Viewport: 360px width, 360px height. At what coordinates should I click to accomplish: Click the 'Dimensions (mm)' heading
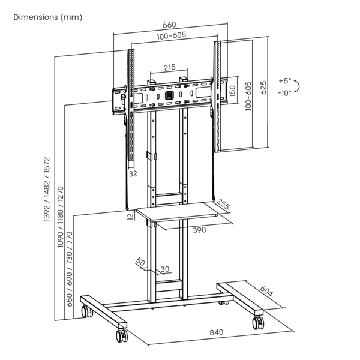(48, 17)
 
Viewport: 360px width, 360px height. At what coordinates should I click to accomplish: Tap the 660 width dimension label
(169, 25)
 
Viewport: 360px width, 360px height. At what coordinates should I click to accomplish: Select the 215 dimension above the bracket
(169, 67)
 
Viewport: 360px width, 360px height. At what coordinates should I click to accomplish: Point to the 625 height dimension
(263, 87)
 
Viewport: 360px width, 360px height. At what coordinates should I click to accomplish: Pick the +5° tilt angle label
(284, 80)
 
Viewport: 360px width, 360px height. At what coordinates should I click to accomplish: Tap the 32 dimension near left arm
(133, 173)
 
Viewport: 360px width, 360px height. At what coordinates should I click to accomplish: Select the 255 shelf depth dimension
(224, 206)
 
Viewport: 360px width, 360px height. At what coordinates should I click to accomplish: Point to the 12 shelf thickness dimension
(130, 215)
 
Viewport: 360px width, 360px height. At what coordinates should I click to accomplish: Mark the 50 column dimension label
(140, 262)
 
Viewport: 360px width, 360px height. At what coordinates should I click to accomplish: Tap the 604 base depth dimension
(266, 293)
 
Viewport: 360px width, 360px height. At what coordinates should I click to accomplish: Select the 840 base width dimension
(216, 332)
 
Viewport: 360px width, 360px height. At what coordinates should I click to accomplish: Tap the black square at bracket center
(169, 95)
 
